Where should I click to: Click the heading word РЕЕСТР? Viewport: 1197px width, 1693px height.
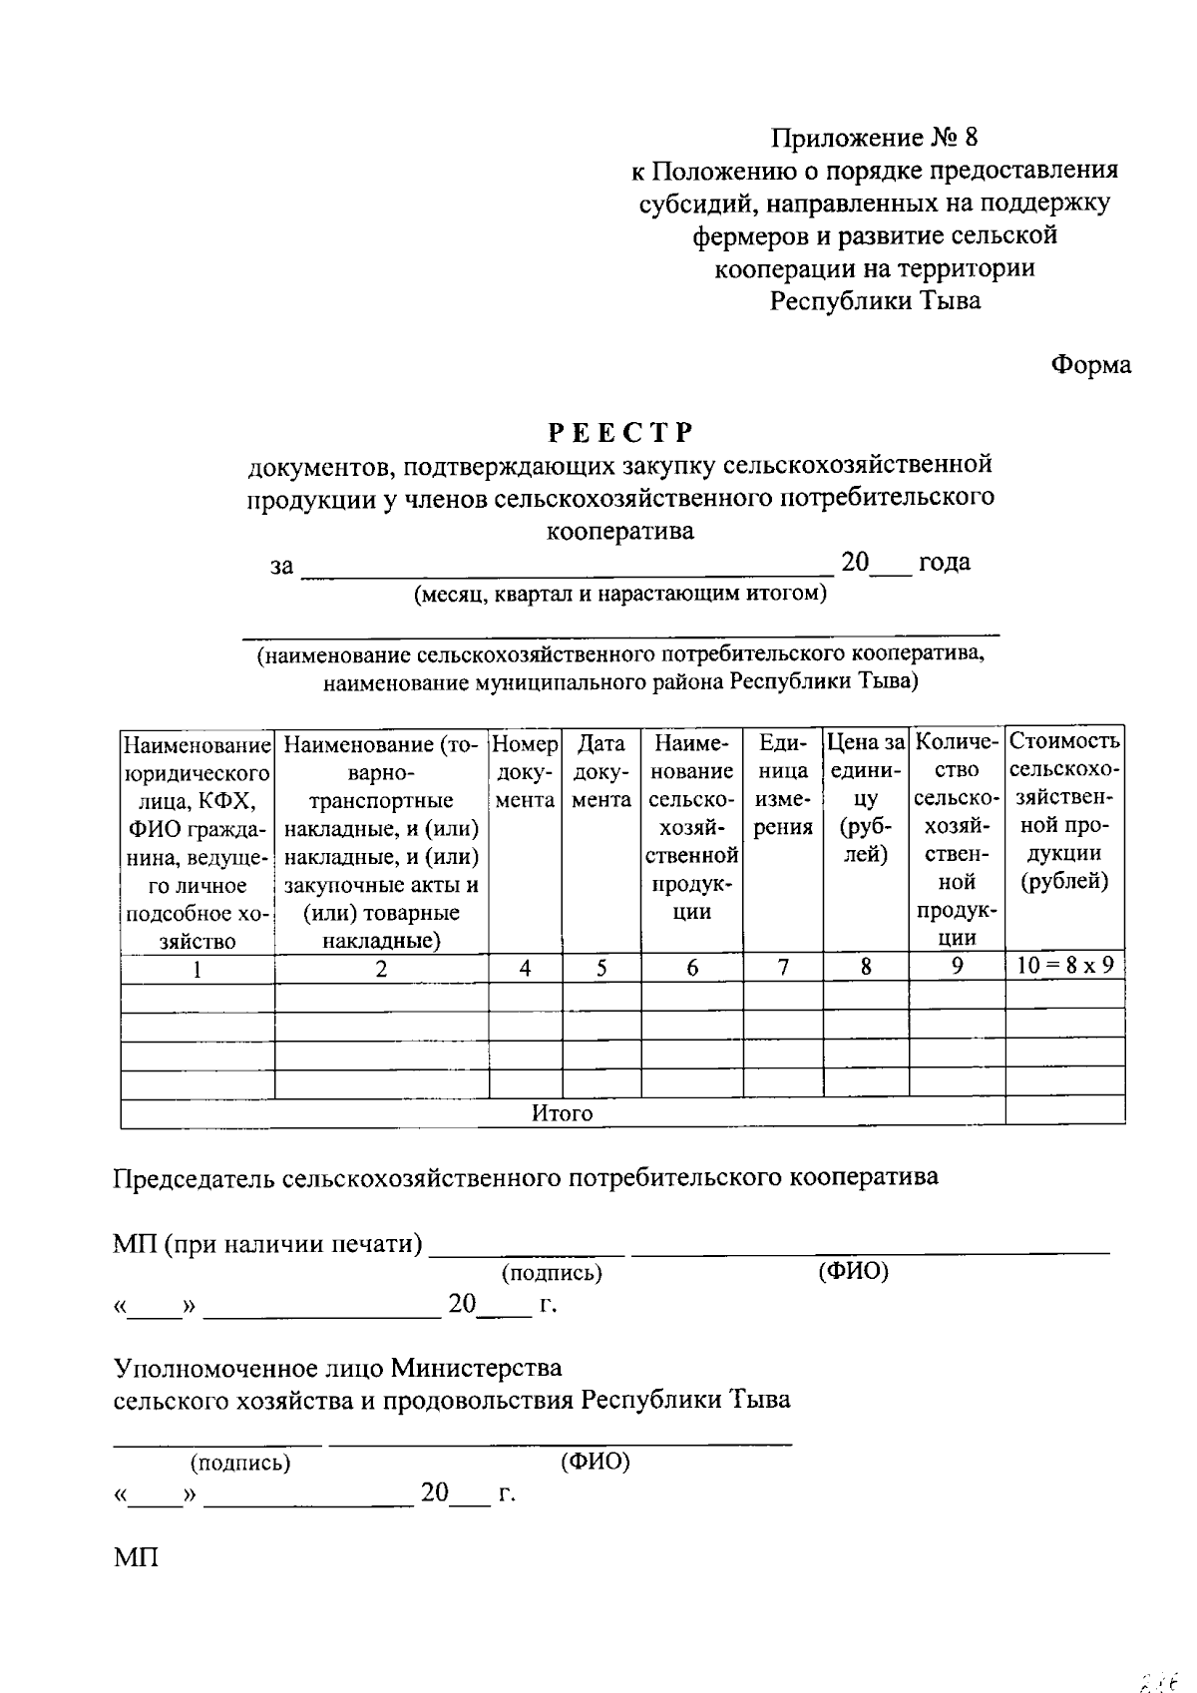click(619, 432)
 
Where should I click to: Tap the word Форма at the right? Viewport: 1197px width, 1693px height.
click(1091, 365)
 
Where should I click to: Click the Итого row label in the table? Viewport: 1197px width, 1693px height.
click(562, 1113)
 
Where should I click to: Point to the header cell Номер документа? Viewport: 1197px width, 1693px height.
click(525, 771)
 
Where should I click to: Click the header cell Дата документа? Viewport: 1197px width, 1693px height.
click(601, 771)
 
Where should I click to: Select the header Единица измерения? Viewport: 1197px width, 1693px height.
click(783, 785)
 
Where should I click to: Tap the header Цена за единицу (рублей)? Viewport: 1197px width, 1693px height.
click(866, 798)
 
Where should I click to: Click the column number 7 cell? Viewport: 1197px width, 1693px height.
click(783, 967)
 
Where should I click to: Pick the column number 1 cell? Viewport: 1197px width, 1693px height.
click(197, 969)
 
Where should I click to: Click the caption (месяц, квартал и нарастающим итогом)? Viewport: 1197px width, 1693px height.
click(620, 595)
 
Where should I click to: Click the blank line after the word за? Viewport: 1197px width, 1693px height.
click(567, 565)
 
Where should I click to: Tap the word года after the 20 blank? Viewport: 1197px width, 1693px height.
click(944, 562)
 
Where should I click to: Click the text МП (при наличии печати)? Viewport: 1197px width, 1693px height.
click(267, 1244)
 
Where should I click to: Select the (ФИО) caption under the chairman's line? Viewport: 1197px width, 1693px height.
click(852, 1271)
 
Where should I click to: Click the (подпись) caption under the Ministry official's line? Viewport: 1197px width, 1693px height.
click(240, 1463)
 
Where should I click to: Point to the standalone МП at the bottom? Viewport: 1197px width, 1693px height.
click(136, 1557)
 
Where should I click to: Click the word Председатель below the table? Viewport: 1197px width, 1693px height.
click(194, 1177)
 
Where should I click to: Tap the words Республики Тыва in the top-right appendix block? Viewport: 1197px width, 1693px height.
click(875, 300)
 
